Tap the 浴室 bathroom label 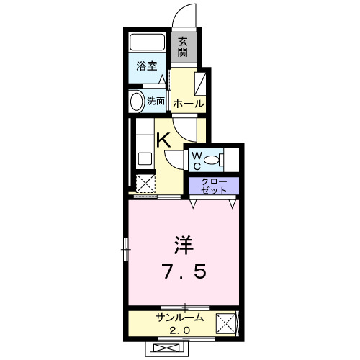click(148, 66)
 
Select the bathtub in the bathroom click(148, 43)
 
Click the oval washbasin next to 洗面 click(135, 101)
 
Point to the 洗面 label click(156, 102)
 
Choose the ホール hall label click(189, 104)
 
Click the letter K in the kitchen click(163, 139)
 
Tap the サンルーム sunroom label click(179, 318)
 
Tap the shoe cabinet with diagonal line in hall click(201, 83)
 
